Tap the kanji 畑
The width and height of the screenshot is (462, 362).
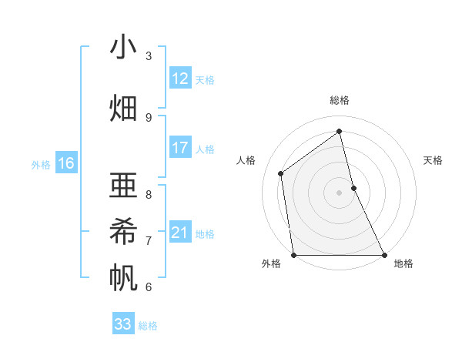123,108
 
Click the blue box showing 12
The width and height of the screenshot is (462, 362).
179,79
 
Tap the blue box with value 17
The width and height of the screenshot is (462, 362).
179,148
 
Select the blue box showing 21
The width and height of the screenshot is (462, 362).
179,233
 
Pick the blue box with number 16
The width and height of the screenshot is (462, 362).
65,163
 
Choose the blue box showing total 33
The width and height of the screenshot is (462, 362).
123,324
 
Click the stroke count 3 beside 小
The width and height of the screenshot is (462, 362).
149,56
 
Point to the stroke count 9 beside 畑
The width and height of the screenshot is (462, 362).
149,117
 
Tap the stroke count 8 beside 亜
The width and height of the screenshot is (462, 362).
149,194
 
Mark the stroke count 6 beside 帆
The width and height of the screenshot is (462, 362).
149,287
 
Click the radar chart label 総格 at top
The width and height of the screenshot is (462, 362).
340,100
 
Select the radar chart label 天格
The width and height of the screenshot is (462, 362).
434,160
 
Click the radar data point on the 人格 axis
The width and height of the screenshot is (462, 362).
281,173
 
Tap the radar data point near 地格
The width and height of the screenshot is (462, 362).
383,255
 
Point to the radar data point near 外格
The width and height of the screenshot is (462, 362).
294,255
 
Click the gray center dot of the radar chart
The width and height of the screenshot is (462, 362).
339,193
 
